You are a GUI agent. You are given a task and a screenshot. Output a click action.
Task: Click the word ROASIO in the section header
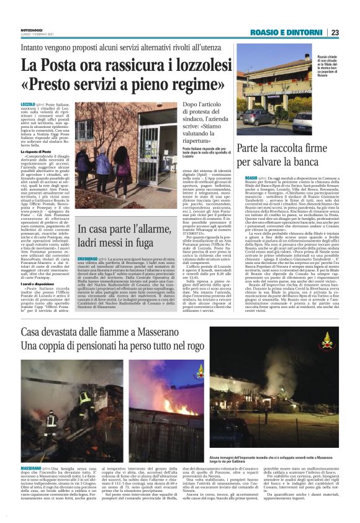[x=266, y=32]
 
